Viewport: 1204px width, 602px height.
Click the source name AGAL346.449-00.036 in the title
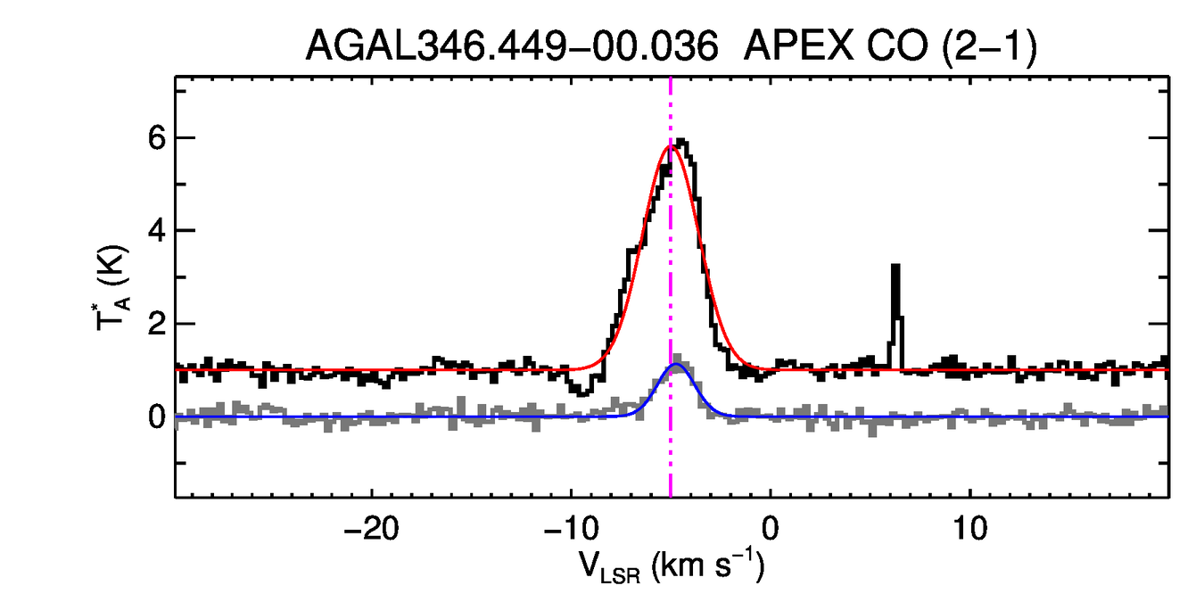pyautogui.click(x=512, y=46)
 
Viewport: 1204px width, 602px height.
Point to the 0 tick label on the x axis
pyautogui.click(x=771, y=528)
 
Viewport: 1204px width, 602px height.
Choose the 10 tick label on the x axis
pyautogui.click(x=969, y=528)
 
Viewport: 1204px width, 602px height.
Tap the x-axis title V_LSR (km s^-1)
pyautogui.click(x=671, y=568)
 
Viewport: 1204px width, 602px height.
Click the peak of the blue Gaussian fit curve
pyautogui.click(x=678, y=365)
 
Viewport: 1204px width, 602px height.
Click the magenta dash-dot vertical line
pyautogui.click(x=671, y=268)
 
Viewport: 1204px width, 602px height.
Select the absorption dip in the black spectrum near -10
pyautogui.click(x=582, y=391)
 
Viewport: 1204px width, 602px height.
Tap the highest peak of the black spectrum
pyautogui.click(x=682, y=140)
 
